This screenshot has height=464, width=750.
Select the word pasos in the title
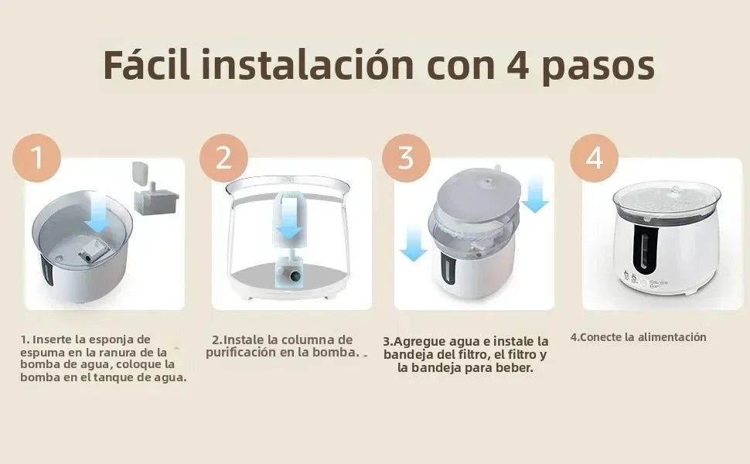[599, 67]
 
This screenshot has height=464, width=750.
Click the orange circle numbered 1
[36, 158]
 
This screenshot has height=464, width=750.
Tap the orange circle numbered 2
[223, 158]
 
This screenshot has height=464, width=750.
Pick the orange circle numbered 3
[405, 158]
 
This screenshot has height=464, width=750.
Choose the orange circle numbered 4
[594, 158]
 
